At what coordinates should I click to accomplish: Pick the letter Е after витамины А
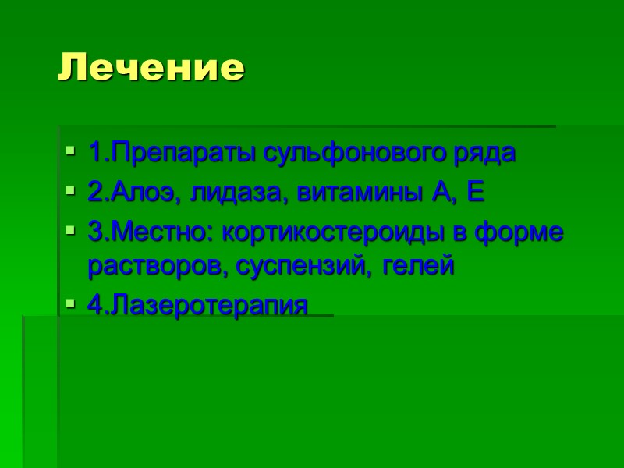[475, 192]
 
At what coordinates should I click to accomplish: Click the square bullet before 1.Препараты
[71, 151]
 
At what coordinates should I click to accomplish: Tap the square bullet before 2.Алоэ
[71, 191]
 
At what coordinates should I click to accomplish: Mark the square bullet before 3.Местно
[71, 232]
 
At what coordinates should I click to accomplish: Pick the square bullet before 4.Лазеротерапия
[71, 303]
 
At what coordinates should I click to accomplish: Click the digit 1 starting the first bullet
[94, 152]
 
